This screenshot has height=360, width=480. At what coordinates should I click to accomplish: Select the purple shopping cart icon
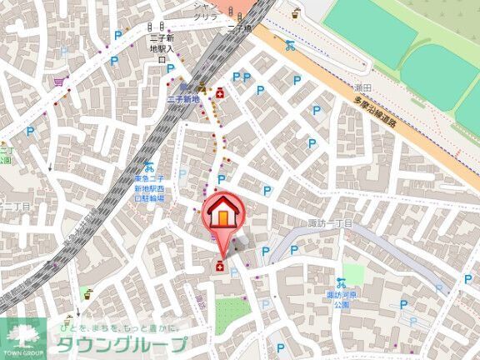[58, 82]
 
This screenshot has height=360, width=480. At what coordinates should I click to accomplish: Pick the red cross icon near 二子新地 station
[220, 94]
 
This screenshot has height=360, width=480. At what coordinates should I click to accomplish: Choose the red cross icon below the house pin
[219, 266]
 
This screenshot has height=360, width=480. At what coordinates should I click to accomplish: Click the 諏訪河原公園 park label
[342, 299]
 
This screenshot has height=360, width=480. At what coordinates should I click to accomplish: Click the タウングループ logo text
[122, 343]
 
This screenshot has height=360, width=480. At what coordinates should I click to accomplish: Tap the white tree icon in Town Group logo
[22, 334]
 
